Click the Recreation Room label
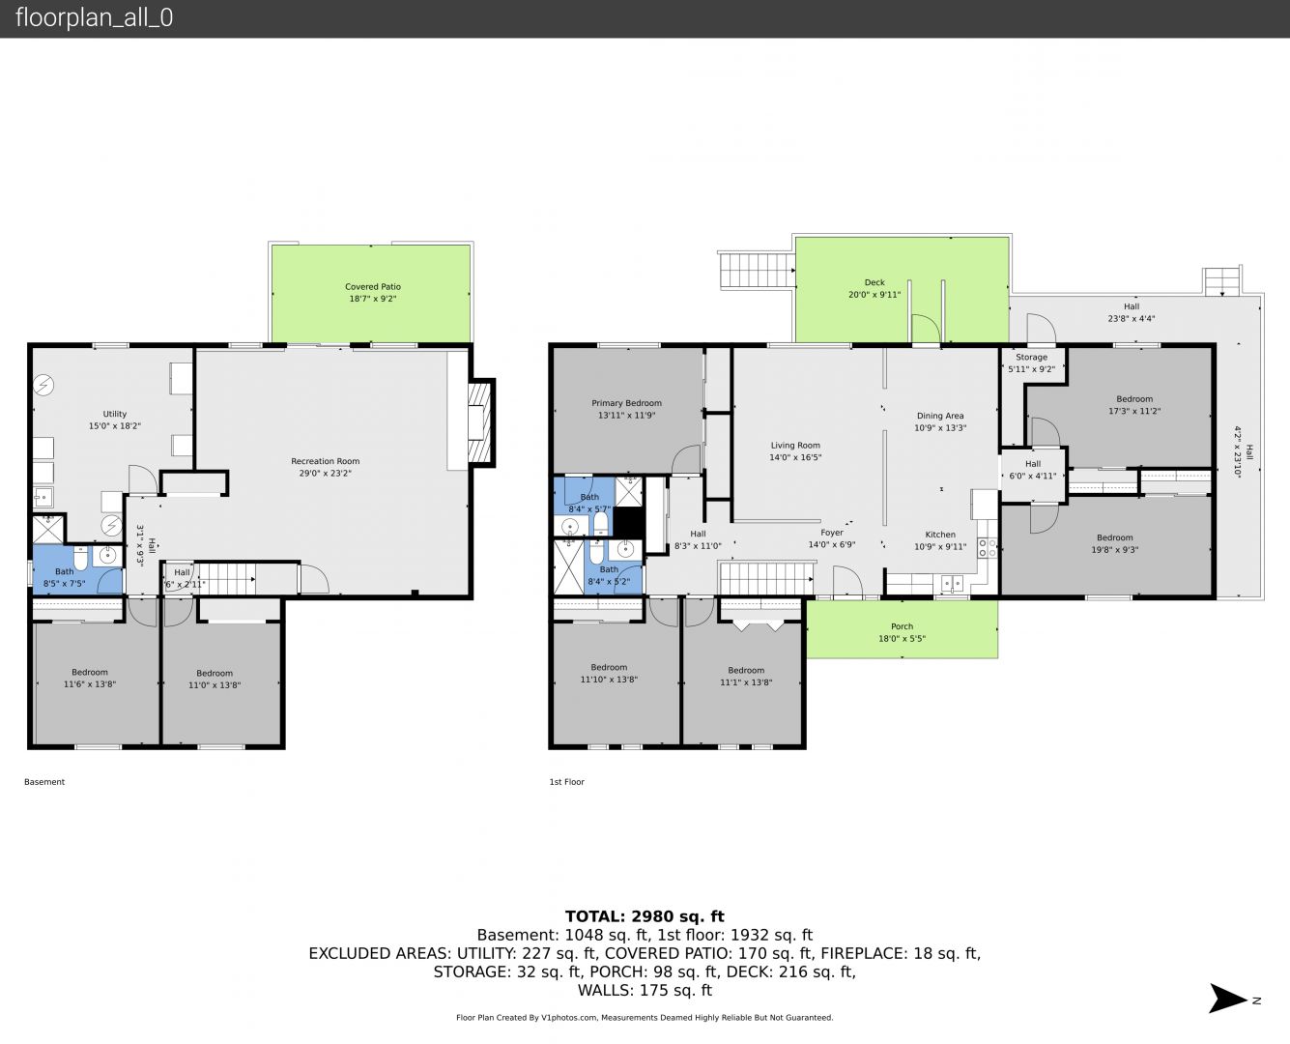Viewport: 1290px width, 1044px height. pyautogui.click(x=326, y=461)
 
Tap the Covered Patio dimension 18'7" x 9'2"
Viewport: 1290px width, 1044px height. pyautogui.click(x=372, y=299)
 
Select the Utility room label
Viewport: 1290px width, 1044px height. pyautogui.click(x=114, y=414)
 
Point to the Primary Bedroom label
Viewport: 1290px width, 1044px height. pyautogui.click(x=626, y=403)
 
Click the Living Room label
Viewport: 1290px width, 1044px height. pyautogui.click(x=795, y=446)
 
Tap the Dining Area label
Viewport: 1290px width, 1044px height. pyautogui.click(x=940, y=416)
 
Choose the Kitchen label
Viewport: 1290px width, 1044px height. pyautogui.click(x=940, y=535)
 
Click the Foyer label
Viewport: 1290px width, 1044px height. pyautogui.click(x=832, y=533)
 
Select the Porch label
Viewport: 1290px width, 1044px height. pyautogui.click(x=902, y=626)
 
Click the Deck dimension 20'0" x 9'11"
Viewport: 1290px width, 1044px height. pyautogui.click(x=874, y=295)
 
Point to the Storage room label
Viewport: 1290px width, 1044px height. pyautogui.click(x=1031, y=357)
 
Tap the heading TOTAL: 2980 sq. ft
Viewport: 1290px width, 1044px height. pyautogui.click(x=645, y=916)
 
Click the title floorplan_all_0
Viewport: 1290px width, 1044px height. pyautogui.click(x=94, y=17)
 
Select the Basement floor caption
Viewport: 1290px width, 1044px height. pyautogui.click(x=44, y=782)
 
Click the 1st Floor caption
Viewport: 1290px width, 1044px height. pyautogui.click(x=567, y=782)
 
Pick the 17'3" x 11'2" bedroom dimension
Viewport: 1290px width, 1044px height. pyautogui.click(x=1134, y=411)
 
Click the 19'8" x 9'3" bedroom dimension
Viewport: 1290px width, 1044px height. pyautogui.click(x=1114, y=550)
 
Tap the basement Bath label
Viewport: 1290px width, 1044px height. pyautogui.click(x=64, y=571)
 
